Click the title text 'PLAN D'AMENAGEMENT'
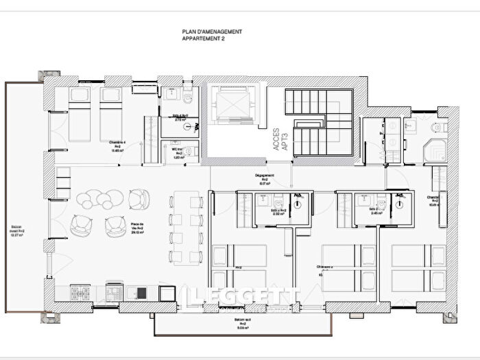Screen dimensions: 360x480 point(212,32)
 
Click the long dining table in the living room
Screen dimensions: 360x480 point(187,228)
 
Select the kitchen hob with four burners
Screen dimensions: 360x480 point(80,293)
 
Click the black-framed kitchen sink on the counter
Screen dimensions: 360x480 point(141,293)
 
